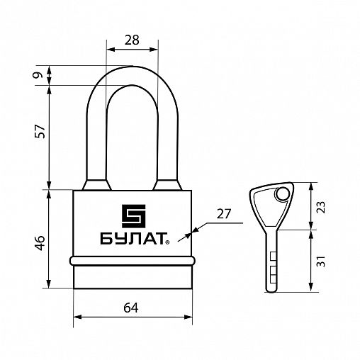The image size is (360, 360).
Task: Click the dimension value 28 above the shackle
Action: coord(132,40)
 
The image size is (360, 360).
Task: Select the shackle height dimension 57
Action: coord(40,131)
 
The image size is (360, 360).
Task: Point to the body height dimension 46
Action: coord(40,242)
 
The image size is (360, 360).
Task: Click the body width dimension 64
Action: coord(131,308)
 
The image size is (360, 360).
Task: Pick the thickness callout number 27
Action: coord(223,214)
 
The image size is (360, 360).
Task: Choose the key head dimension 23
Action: coord(320,207)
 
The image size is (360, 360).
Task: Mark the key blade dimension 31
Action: coord(320,261)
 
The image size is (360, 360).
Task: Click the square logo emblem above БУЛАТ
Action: coord(133,216)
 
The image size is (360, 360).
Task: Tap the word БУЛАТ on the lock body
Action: coord(133,239)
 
